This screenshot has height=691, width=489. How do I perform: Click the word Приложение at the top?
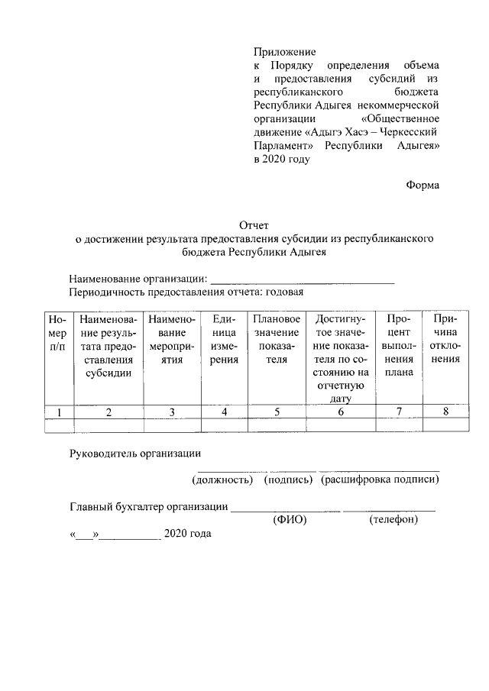tap(284, 51)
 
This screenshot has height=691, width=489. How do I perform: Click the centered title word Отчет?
tap(254, 225)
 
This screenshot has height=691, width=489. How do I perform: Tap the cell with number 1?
tap(57, 412)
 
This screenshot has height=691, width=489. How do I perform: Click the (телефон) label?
tap(393, 519)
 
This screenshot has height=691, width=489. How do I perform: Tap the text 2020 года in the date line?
tap(187, 533)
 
